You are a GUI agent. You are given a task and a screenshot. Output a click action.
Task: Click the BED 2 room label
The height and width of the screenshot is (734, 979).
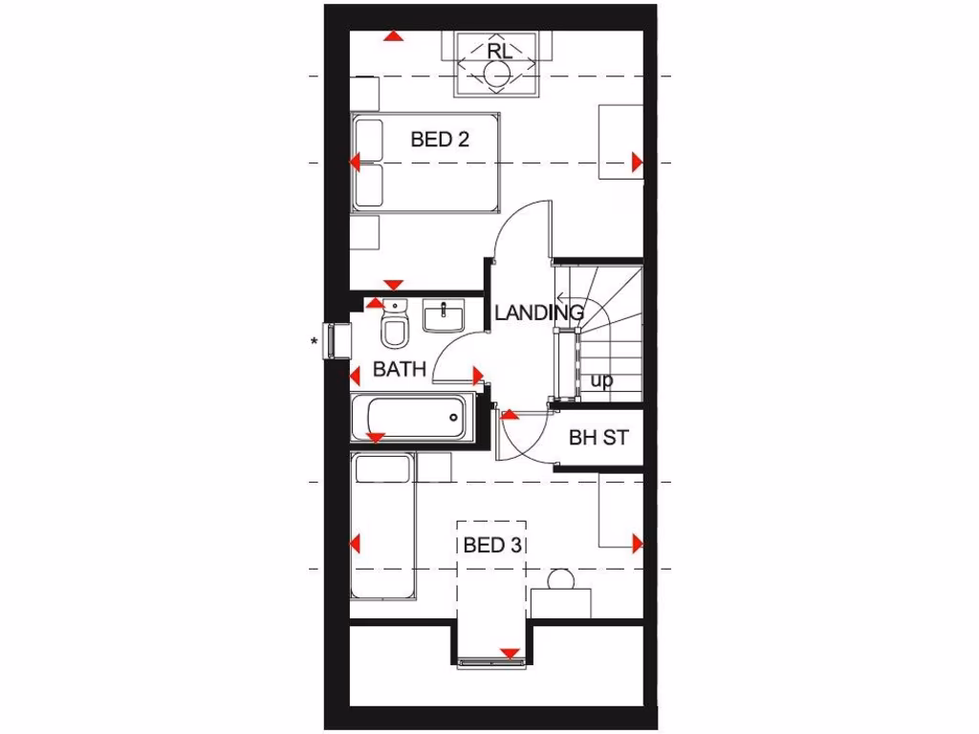[440, 140]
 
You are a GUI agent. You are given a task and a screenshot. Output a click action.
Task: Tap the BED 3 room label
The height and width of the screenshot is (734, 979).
[492, 546]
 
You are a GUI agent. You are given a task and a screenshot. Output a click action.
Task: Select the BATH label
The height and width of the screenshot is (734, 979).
[399, 369]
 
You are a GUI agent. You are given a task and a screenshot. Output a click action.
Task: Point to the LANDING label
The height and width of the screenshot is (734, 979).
[539, 313]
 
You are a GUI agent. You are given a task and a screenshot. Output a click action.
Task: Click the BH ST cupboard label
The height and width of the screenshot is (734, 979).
[598, 439]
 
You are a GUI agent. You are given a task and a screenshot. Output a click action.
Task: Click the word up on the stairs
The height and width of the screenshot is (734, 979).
[601, 380]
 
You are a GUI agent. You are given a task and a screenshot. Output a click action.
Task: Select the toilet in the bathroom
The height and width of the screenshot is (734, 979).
[393, 325]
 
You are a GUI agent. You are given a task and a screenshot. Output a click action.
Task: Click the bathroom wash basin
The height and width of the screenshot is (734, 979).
[445, 314]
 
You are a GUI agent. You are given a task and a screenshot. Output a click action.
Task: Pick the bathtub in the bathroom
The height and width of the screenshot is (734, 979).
[413, 417]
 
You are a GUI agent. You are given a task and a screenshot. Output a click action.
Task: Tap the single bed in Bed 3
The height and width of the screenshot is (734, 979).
[383, 526]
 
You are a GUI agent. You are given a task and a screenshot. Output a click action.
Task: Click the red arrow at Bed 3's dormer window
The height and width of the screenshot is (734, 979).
[511, 655]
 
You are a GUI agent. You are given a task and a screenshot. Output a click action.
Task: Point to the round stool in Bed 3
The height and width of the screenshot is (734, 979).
[560, 579]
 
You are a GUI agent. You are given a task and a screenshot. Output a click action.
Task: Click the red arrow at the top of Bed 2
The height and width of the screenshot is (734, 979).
[393, 36]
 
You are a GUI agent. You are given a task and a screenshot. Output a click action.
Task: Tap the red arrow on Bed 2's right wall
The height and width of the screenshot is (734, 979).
[638, 162]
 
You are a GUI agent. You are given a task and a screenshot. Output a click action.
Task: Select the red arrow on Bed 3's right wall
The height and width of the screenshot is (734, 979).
[638, 545]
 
